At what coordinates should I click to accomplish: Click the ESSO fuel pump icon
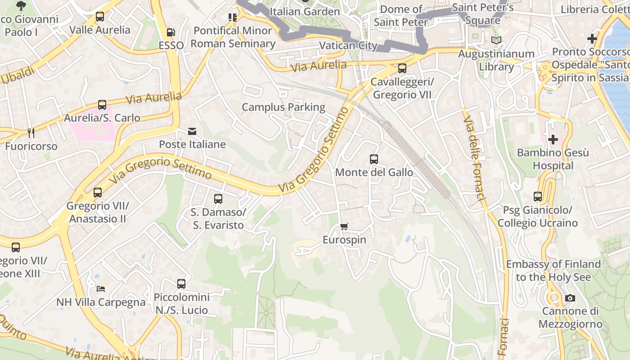(x=171, y=32)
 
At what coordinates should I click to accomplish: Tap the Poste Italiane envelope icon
(x=192, y=131)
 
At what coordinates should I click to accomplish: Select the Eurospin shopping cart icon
(x=344, y=227)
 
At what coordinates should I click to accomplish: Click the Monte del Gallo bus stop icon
(x=374, y=159)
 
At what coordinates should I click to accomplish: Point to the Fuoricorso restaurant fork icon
(x=31, y=133)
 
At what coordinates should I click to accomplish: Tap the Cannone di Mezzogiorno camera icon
(x=570, y=298)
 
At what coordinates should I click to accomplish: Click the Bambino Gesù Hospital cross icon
(x=553, y=139)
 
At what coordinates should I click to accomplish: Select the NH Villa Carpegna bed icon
(x=101, y=288)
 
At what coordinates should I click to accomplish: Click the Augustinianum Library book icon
(x=496, y=40)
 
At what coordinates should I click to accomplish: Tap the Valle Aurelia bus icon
(x=100, y=17)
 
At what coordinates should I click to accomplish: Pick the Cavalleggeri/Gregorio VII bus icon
(x=402, y=68)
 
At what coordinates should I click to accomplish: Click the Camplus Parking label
(x=283, y=107)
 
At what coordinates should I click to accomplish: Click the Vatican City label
(x=348, y=45)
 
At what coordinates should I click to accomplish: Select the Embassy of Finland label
(x=553, y=270)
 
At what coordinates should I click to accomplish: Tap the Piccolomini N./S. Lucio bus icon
(x=181, y=284)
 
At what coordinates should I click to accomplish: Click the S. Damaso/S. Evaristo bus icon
(x=218, y=198)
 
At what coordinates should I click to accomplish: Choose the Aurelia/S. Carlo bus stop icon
(x=102, y=105)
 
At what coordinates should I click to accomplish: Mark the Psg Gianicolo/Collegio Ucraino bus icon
(x=538, y=197)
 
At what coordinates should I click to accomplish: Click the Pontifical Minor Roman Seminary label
(x=233, y=37)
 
